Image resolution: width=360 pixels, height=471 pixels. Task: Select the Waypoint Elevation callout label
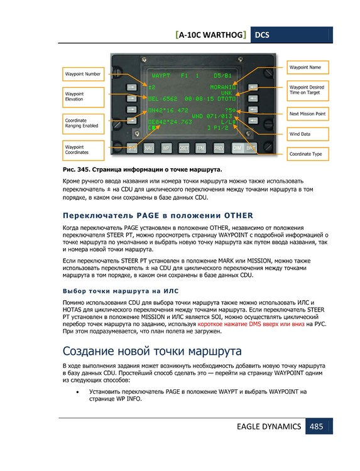pos(84,96)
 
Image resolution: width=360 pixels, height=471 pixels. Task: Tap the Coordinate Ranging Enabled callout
pos(84,122)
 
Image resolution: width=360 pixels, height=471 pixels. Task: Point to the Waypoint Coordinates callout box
pos(84,149)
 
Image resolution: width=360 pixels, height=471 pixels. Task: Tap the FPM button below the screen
pos(200,148)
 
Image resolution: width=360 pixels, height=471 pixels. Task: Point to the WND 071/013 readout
pos(212,116)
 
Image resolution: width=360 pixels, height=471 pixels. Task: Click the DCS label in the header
pos(261,36)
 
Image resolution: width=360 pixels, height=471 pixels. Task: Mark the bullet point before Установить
pos(77,392)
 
